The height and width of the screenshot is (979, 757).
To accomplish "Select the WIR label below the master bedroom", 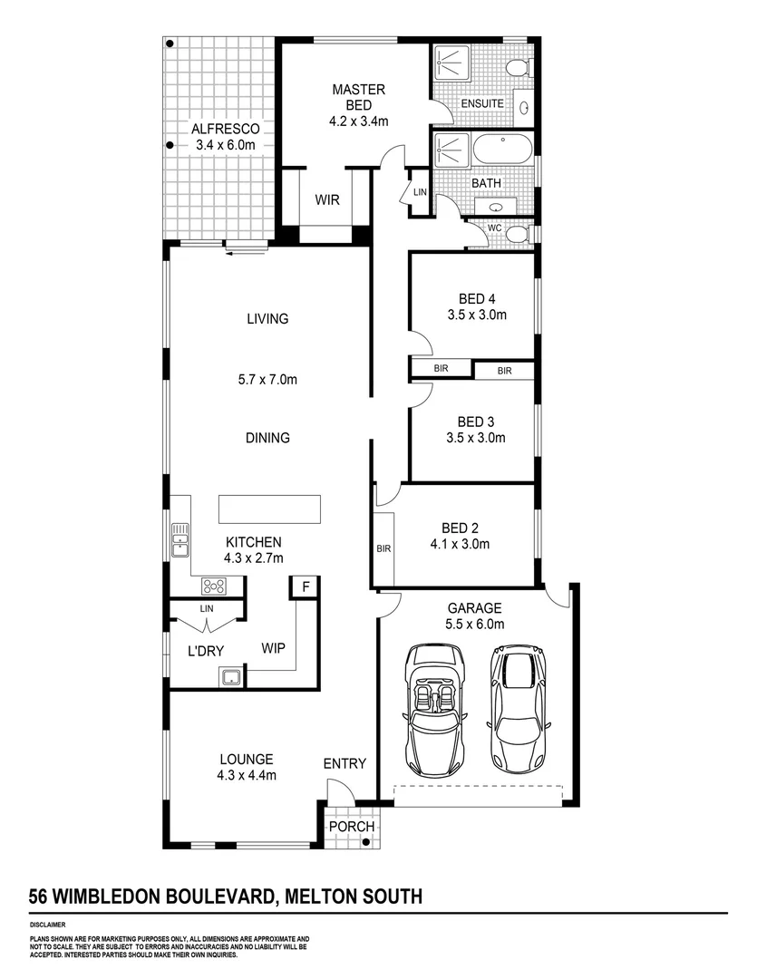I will pyautogui.click(x=327, y=199).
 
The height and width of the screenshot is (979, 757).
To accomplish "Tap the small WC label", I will pyautogui.click(x=495, y=228).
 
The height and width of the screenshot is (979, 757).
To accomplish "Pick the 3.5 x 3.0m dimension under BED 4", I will pyautogui.click(x=476, y=315).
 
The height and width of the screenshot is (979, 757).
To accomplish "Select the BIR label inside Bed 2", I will pyautogui.click(x=383, y=548).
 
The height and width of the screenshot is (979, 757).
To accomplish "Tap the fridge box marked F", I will pyautogui.click(x=306, y=586).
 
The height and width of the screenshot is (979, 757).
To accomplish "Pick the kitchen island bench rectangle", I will pyautogui.click(x=268, y=509).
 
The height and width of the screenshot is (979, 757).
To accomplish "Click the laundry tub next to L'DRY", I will pyautogui.click(x=230, y=675).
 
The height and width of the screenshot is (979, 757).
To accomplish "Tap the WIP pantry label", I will pyautogui.click(x=275, y=649).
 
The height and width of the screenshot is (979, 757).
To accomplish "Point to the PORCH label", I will pyautogui.click(x=351, y=827).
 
